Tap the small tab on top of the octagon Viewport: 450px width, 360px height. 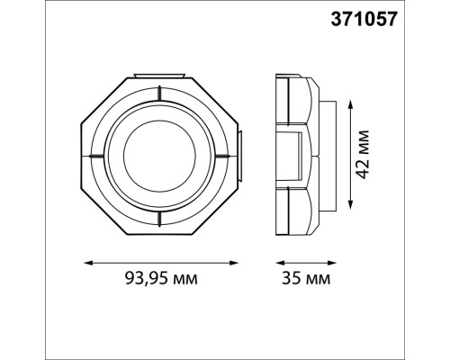[161, 73]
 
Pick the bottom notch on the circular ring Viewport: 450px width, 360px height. [161, 216]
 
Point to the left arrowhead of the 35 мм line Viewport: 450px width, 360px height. [274, 263]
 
